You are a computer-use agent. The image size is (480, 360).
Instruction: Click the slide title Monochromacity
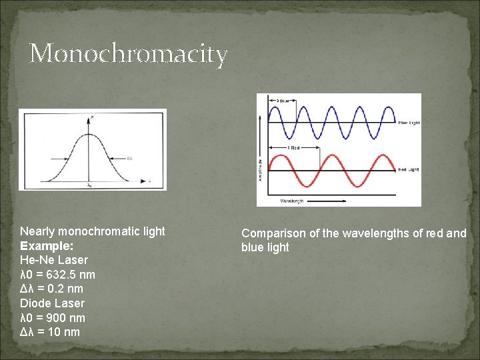pyautogui.click(x=129, y=53)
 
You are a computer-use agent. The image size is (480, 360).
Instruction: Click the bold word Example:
pyautogui.click(x=47, y=245)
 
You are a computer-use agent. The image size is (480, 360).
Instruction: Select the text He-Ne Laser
pyautogui.click(x=54, y=260)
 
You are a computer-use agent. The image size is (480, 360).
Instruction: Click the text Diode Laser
pyautogui.click(x=52, y=303)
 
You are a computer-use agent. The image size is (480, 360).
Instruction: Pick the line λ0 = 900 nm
pyautogui.click(x=53, y=318)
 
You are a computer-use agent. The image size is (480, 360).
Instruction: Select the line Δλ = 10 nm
pyautogui.click(x=50, y=332)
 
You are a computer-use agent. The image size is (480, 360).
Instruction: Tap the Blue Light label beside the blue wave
pyautogui.click(x=408, y=123)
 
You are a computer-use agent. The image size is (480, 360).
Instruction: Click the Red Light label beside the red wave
pyautogui.click(x=408, y=170)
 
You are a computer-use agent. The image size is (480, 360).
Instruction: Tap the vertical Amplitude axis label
pyautogui.click(x=261, y=168)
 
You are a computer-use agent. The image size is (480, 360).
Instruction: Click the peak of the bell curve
pyautogui.click(x=91, y=134)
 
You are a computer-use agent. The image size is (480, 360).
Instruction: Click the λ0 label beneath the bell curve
pyautogui.click(x=89, y=185)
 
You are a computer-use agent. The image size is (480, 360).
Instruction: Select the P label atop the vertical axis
pyautogui.click(x=91, y=117)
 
